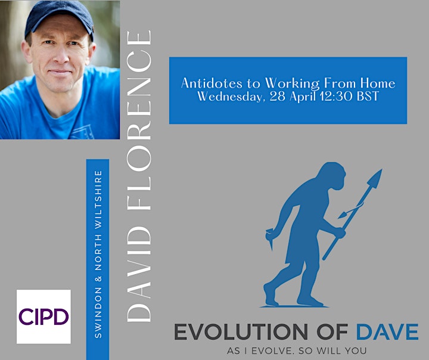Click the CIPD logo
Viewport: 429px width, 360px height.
pyautogui.click(x=43, y=316)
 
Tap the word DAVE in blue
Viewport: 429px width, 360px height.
pyautogui.click(x=387, y=331)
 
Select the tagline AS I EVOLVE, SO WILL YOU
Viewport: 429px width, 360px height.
pyautogui.click(x=297, y=350)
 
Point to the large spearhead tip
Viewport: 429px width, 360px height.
pyautogui.click(x=381, y=170)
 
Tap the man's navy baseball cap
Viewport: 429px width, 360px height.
pyautogui.click(x=60, y=19)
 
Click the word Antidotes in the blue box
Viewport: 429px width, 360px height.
pyautogui.click(x=212, y=83)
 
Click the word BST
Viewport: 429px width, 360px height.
pyautogui.click(x=368, y=96)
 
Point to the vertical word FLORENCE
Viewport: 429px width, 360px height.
pyautogui.click(x=139, y=120)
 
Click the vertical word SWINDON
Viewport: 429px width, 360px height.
pyautogui.click(x=98, y=313)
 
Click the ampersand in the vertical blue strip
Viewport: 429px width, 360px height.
pyautogui.click(x=98, y=279)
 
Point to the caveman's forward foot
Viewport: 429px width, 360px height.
pyautogui.click(x=310, y=300)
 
